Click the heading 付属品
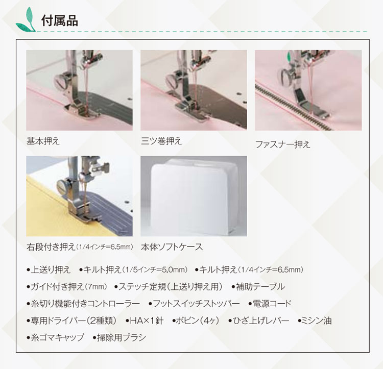point(59,21)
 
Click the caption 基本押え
point(43,141)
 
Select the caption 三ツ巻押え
point(161,141)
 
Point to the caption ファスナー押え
point(282,144)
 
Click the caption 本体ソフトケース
point(172,247)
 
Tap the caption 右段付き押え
point(51,247)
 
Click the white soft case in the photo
point(193,196)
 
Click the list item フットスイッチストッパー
point(196,304)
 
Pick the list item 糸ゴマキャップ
point(58,337)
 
